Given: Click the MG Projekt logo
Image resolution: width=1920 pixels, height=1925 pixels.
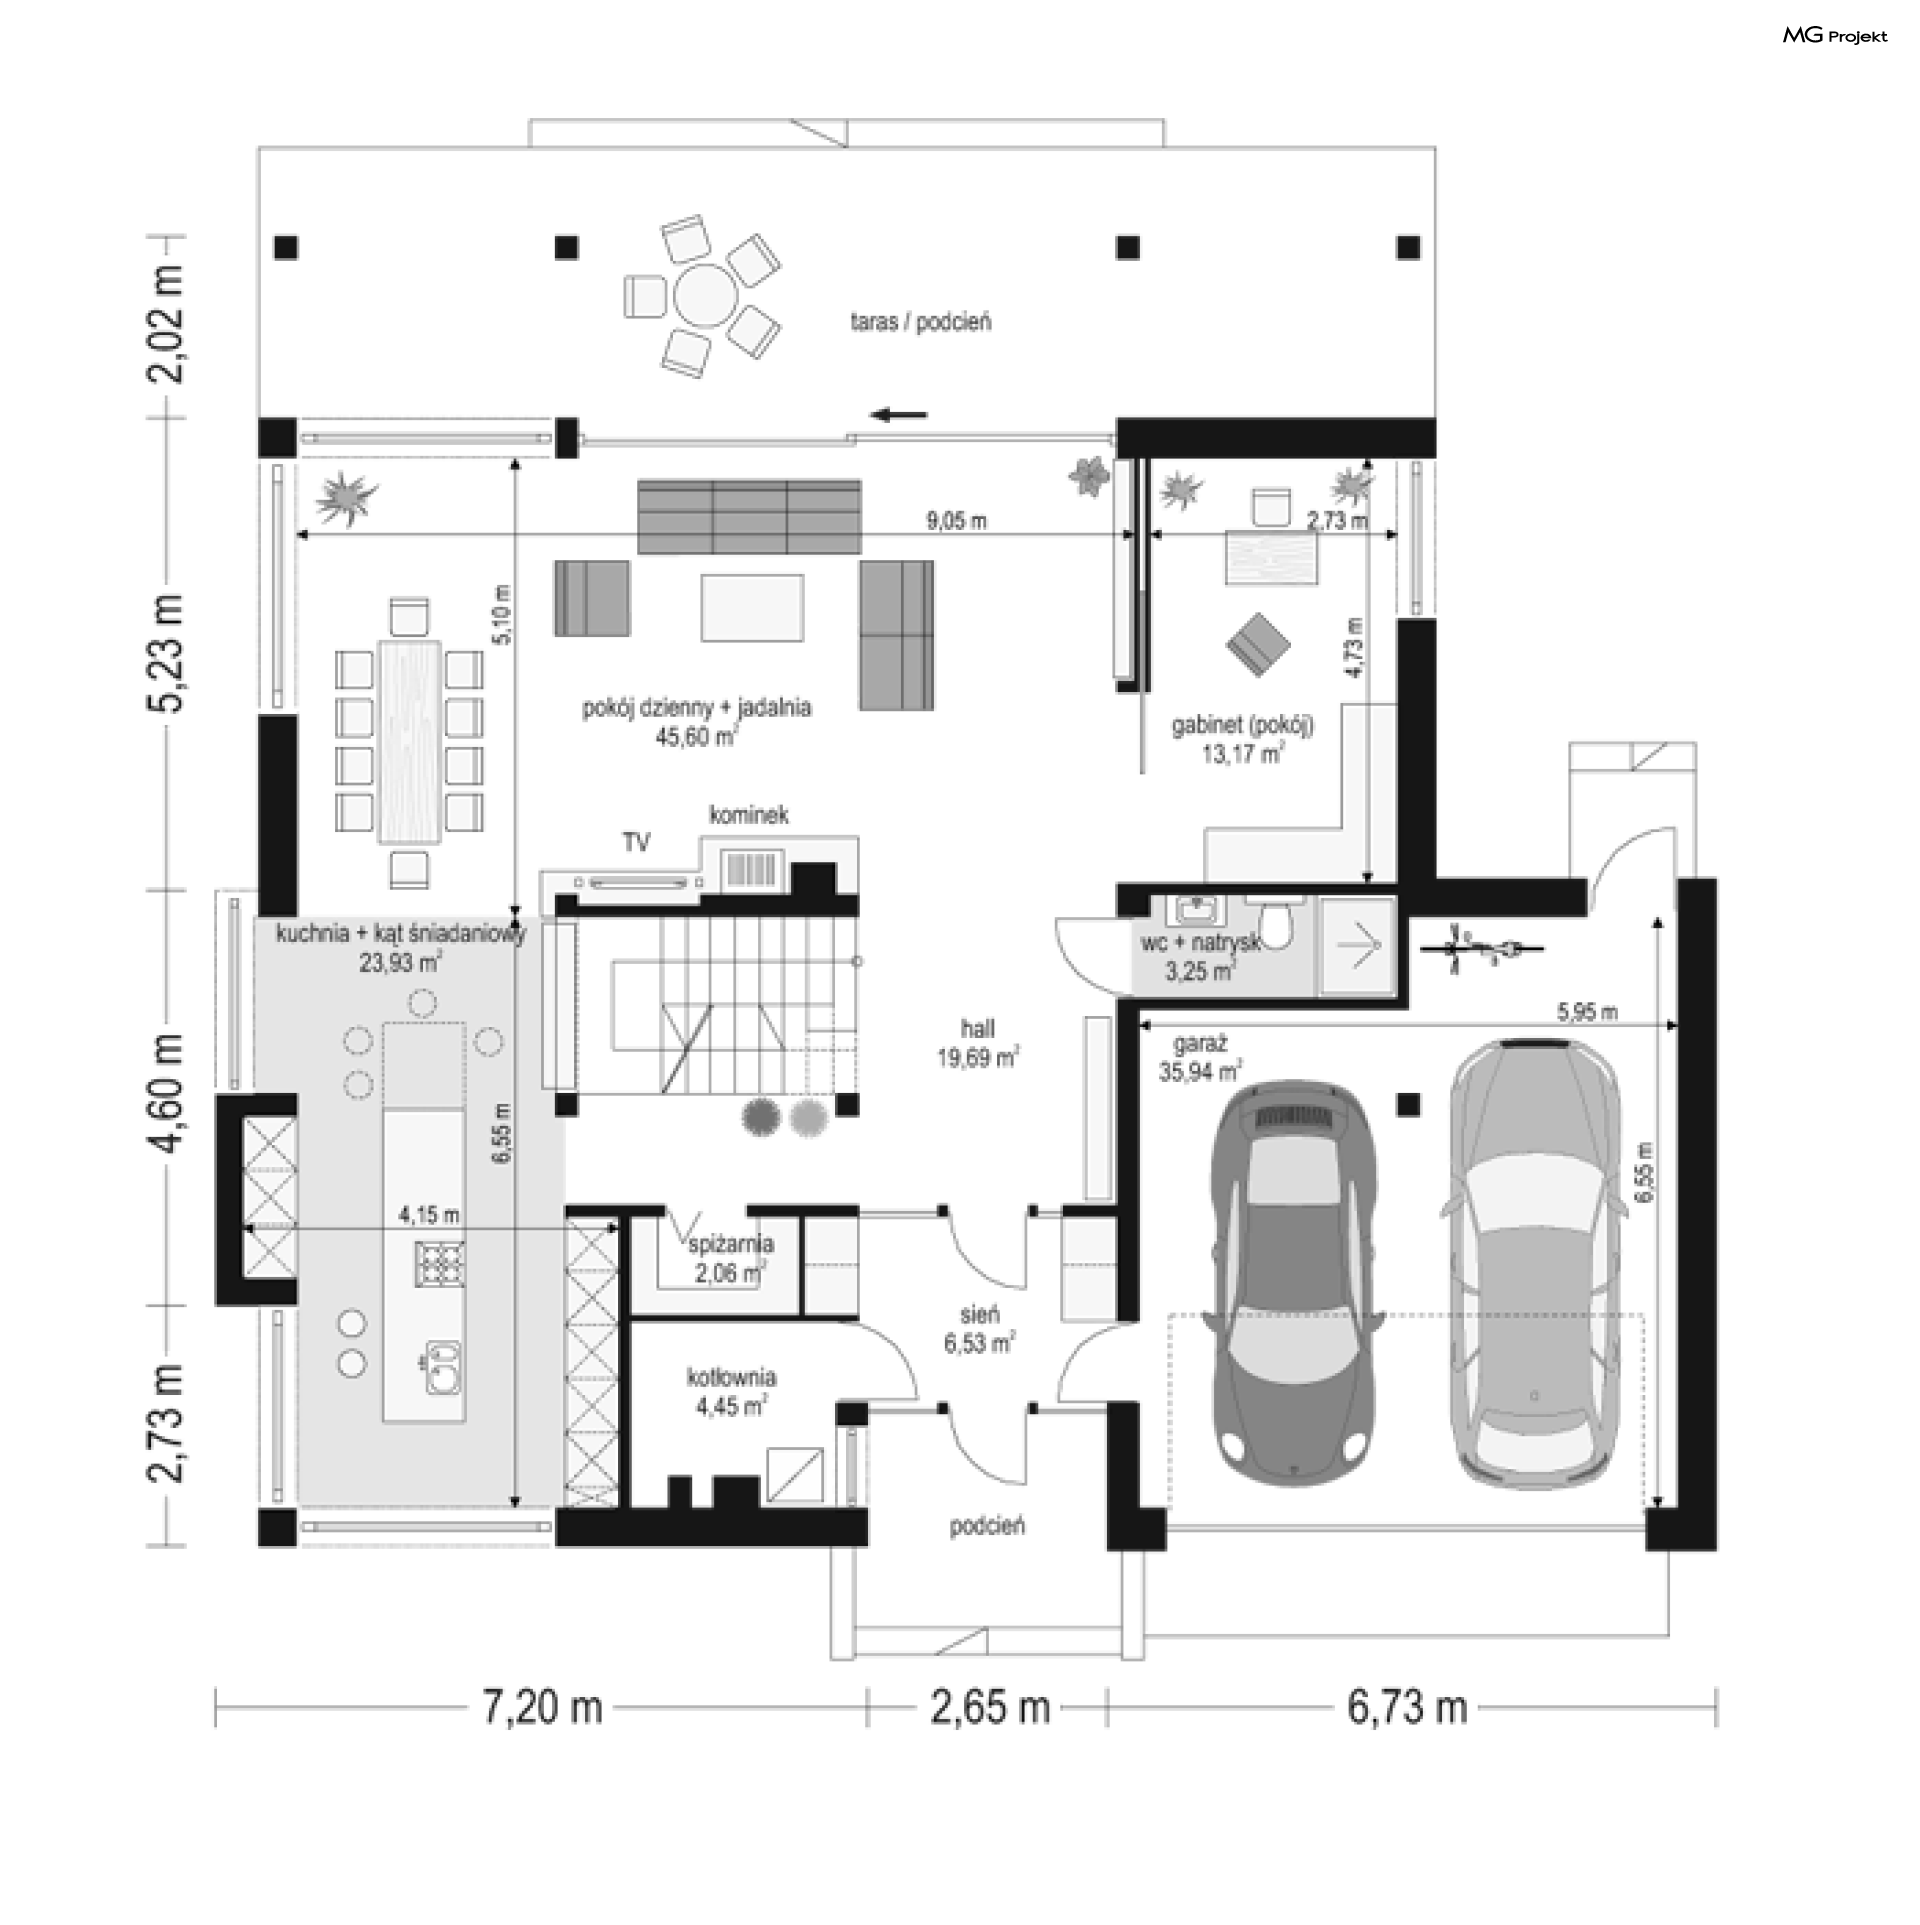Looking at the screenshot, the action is pyautogui.click(x=1835, y=36).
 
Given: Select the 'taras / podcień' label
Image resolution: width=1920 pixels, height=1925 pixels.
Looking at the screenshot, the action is pyautogui.click(x=920, y=322).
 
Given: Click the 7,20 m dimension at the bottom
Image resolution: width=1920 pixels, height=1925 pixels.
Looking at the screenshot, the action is pyautogui.click(x=543, y=1707).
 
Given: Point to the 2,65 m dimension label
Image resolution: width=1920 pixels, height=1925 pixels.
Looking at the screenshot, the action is pyautogui.click(x=990, y=1707).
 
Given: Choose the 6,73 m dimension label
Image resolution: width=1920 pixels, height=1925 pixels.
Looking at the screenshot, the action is pyautogui.click(x=1407, y=1707).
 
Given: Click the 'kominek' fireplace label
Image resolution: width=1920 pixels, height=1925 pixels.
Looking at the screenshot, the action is pyautogui.click(x=749, y=815).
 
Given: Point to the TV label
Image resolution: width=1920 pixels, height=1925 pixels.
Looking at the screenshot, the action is pyautogui.click(x=637, y=843).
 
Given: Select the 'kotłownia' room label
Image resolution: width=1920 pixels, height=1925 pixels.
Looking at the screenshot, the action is pyautogui.click(x=731, y=1377).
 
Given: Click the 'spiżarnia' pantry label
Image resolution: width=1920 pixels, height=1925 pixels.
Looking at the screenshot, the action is pyautogui.click(x=731, y=1245).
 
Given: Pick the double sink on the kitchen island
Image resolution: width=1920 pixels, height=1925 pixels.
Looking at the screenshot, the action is pyautogui.click(x=441, y=1366).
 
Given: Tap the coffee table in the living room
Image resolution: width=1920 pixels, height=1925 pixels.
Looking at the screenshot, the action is pyautogui.click(x=752, y=606).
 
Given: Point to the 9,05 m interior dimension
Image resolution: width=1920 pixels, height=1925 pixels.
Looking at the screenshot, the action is pyautogui.click(x=957, y=520).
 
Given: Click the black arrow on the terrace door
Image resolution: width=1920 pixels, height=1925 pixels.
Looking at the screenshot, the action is pyautogui.click(x=899, y=415).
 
